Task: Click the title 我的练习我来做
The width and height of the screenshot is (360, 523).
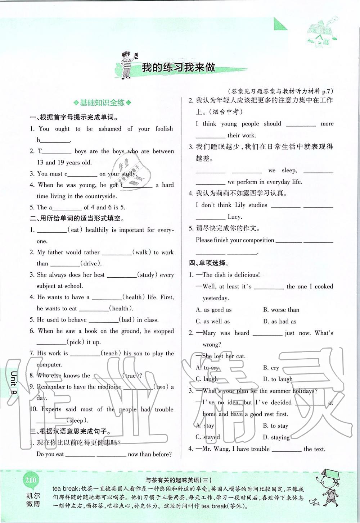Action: [178, 67]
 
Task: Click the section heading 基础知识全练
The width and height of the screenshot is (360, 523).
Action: [102, 103]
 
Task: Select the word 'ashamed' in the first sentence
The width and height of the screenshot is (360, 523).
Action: [110, 129]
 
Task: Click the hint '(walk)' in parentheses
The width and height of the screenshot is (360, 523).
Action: [141, 253]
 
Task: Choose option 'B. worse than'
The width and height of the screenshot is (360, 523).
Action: [281, 310]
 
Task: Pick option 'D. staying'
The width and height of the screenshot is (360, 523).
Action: [276, 437]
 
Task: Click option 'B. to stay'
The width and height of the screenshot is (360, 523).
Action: [275, 426]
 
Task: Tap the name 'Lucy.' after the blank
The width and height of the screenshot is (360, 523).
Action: [235, 217]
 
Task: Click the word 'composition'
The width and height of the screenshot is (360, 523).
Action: [256, 240]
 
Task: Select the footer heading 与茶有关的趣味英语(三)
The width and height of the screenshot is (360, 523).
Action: [178, 479]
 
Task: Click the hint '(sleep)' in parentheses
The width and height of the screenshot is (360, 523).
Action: [76, 420]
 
